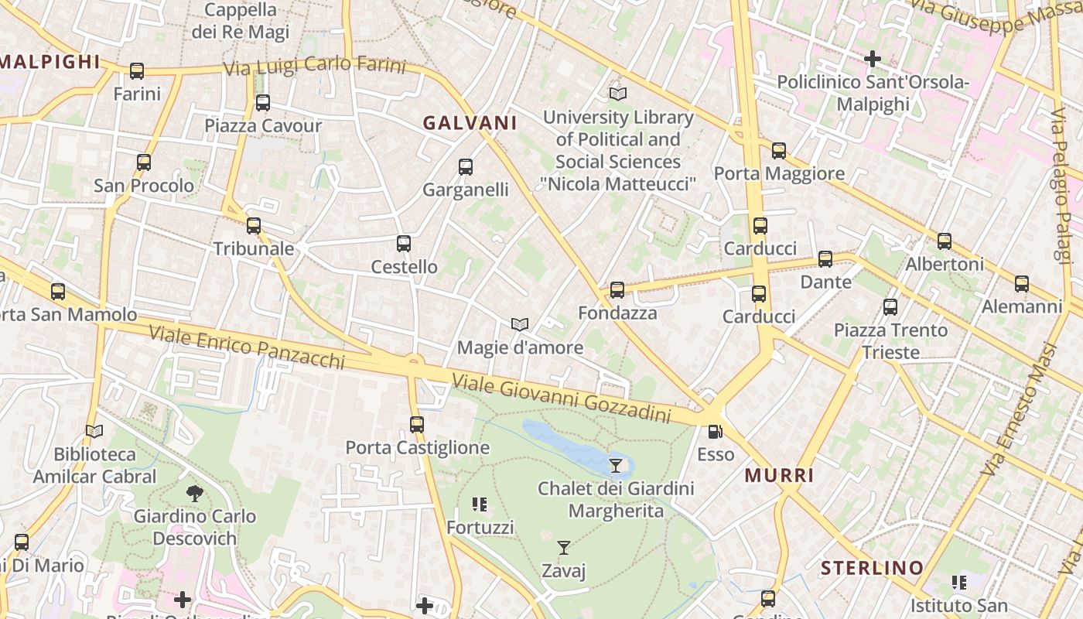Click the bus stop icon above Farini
137,71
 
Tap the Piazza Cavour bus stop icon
263,103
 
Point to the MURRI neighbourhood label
779,475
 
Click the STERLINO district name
872,568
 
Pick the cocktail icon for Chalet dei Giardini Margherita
615,465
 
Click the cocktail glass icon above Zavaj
564,548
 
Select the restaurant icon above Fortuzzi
480,504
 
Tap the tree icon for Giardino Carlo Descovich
195,493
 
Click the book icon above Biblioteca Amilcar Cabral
94,431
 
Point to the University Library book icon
617,94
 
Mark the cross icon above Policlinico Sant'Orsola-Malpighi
873,59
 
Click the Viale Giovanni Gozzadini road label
561,398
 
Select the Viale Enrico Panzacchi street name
246,347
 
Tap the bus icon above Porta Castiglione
417,425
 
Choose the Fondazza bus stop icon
617,290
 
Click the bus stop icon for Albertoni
945,241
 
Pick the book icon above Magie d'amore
520,324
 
